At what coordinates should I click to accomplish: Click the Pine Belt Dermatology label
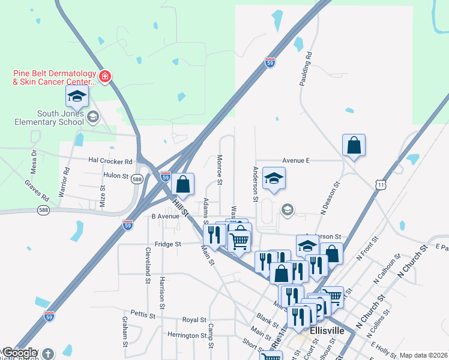click(x=55, y=77)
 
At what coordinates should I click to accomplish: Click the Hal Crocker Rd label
click(x=110, y=161)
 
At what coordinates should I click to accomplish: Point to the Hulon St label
click(x=116, y=176)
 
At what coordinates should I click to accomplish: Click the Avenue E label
click(x=296, y=161)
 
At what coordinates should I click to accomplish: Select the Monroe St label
click(x=220, y=170)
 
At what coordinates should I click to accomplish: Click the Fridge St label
click(x=167, y=244)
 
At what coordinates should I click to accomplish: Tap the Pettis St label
click(x=143, y=314)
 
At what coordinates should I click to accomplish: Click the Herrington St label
click(x=187, y=335)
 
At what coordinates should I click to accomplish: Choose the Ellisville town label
click(x=327, y=331)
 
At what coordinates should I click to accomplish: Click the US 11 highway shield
click(x=381, y=185)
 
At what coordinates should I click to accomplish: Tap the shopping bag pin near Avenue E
click(x=354, y=146)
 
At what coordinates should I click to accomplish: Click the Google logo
click(x=22, y=353)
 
